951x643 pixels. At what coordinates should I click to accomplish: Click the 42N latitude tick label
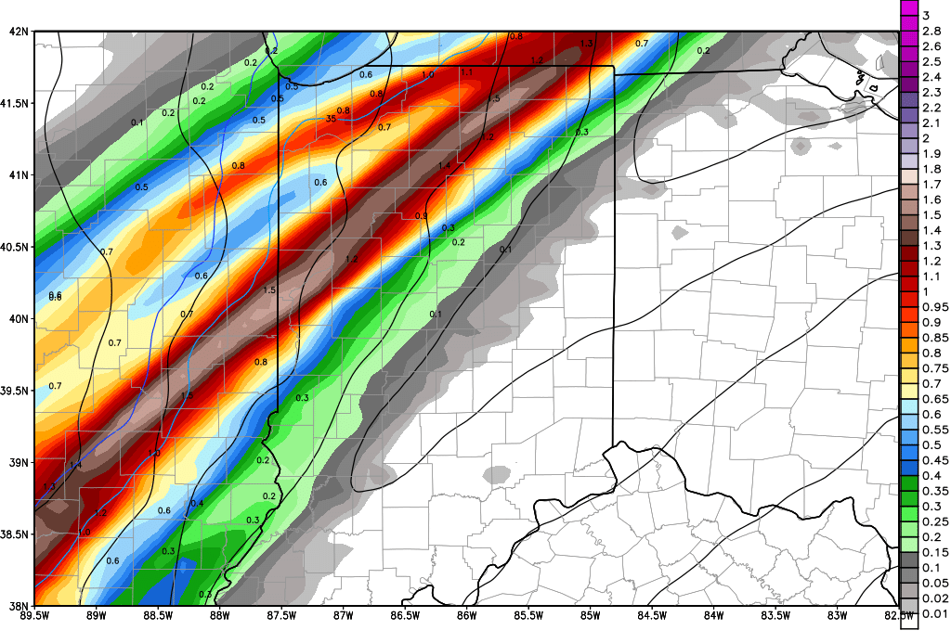(18, 32)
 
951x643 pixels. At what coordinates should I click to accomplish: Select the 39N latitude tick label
(18, 462)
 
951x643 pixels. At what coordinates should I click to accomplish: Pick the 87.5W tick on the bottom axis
(280, 615)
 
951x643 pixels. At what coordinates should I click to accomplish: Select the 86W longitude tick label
(467, 615)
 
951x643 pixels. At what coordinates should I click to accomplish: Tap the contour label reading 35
(331, 119)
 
